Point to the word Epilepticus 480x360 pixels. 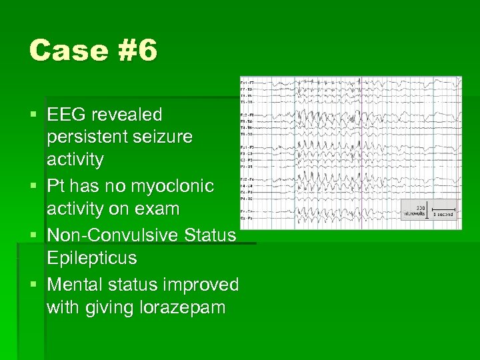(91, 258)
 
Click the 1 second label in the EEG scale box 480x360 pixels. (443, 215)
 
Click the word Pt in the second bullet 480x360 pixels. (56, 186)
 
